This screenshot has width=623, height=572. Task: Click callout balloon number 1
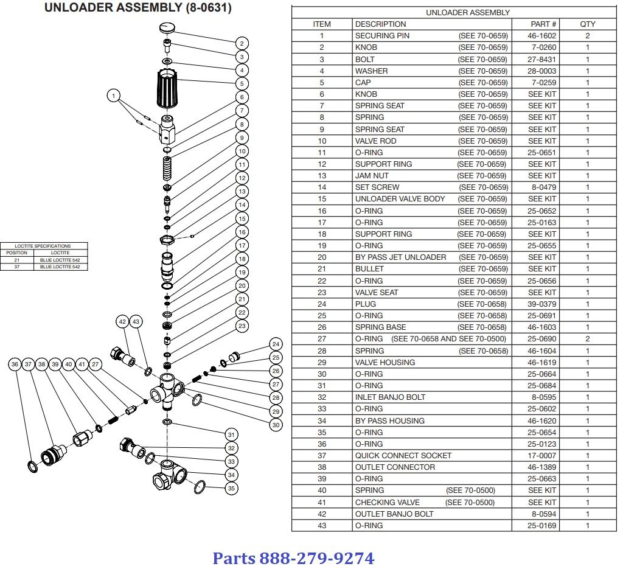113,95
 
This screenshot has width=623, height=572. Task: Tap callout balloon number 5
242,83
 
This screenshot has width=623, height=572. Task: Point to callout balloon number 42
122,321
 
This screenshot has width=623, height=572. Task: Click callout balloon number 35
231,487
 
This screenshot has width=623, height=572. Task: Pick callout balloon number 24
276,344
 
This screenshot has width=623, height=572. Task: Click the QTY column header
587,24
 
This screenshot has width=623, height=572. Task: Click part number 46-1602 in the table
542,36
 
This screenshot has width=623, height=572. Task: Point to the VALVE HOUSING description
385,362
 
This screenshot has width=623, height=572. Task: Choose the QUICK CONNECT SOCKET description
403,455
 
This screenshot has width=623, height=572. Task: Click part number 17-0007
542,455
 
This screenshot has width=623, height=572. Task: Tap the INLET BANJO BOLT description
390,397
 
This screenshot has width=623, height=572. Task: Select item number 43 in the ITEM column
322,525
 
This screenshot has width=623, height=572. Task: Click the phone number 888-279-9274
316,557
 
